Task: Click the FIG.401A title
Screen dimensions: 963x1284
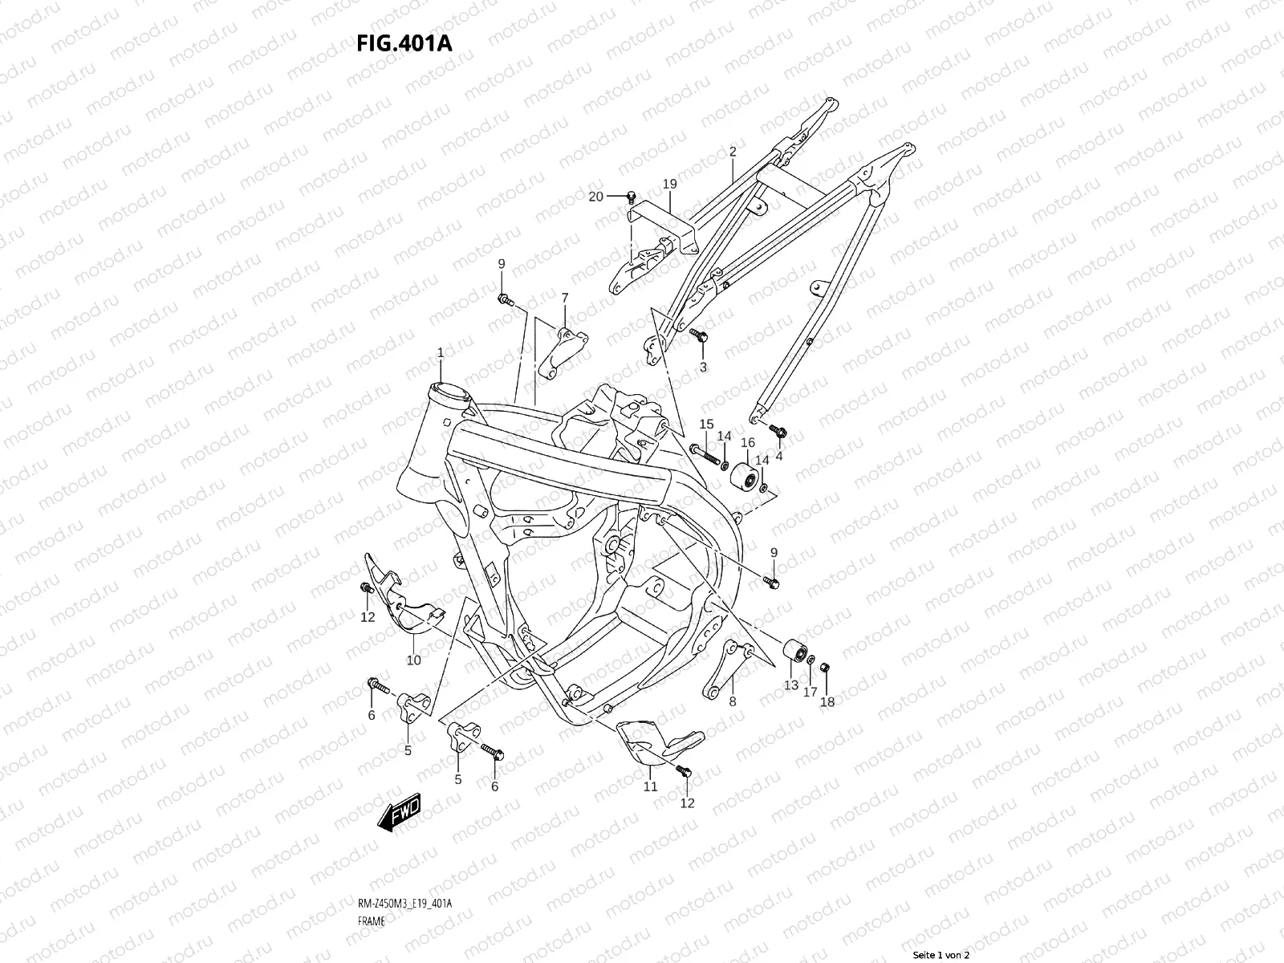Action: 404,43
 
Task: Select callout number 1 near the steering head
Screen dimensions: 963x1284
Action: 441,353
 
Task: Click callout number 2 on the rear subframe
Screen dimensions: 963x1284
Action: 733,152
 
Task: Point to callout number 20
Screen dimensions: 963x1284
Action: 595,197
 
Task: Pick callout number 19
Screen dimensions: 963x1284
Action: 670,185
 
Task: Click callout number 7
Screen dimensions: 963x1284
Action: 564,298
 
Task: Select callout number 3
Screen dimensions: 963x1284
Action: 703,368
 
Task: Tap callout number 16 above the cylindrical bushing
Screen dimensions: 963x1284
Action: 747,443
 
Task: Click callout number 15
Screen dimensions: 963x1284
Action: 706,425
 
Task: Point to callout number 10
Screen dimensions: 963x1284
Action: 413,660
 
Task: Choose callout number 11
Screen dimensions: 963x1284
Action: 650,786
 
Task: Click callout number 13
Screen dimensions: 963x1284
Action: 791,685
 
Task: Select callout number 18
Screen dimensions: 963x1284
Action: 827,701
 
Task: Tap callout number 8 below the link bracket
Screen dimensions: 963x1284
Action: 732,701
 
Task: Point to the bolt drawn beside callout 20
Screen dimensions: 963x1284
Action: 631,196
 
